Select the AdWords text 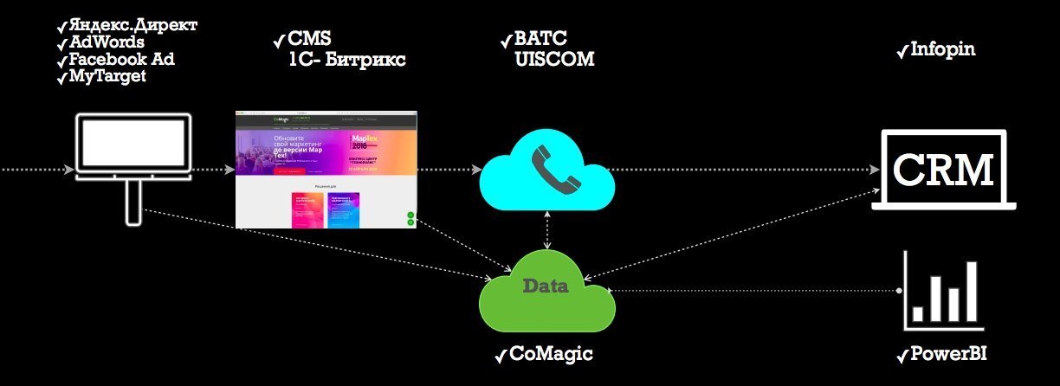click(x=107, y=42)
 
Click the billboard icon click(x=132, y=147)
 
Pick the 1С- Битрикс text click(x=347, y=60)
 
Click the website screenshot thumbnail click(x=326, y=170)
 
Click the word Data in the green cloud click(x=545, y=286)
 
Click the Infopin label click(x=942, y=49)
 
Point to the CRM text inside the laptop click(x=942, y=168)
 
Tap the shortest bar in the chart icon click(x=919, y=312)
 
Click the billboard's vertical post click(x=132, y=203)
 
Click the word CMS click(x=309, y=40)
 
